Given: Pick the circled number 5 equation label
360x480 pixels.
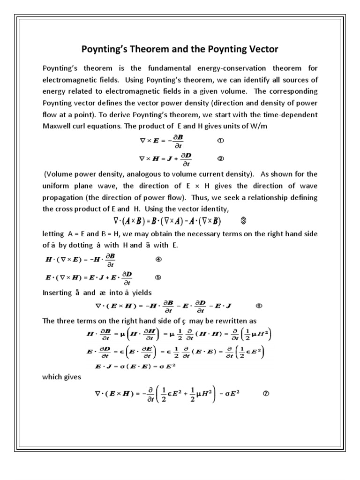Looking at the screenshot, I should [x=158, y=277].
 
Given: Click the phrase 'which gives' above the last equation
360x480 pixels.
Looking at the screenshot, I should [x=61, y=376].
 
